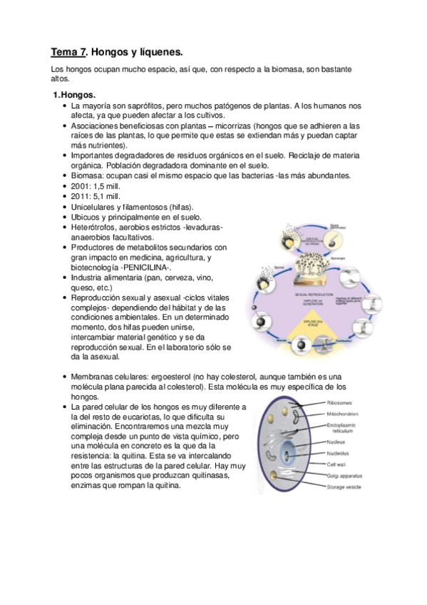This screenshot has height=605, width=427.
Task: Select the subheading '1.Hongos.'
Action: (77, 95)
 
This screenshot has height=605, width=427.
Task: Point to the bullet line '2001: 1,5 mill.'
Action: (101, 186)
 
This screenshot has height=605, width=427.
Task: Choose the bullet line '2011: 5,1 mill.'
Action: (101, 196)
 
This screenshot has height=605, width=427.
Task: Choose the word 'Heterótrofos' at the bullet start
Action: (96, 227)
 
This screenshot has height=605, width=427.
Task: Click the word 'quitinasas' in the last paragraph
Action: (206, 477)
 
